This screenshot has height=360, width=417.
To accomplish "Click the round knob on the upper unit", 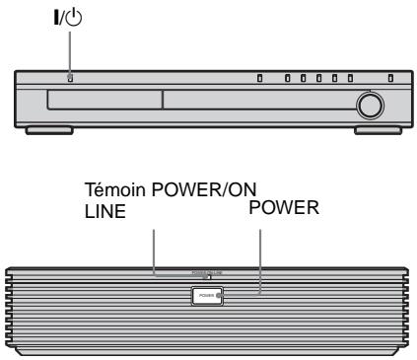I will tap(371, 105).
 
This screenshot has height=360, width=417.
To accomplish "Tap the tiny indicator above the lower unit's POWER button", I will tap(209, 277).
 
